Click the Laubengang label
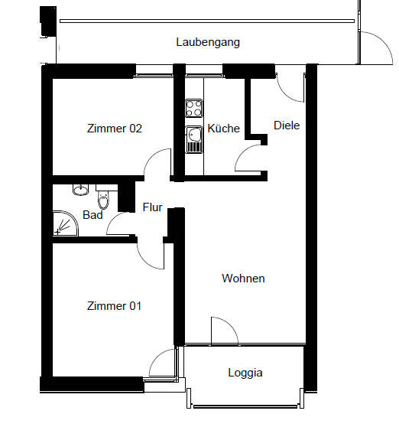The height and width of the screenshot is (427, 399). (x=208, y=42)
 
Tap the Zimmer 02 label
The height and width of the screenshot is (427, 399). (x=115, y=129)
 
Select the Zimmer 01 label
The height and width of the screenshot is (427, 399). (x=115, y=306)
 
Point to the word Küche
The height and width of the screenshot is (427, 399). (x=224, y=129)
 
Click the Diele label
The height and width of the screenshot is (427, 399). (x=287, y=125)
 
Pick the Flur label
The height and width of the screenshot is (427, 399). (x=153, y=207)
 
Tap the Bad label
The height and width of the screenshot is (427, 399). (x=93, y=216)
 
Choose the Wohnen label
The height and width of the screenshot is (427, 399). (x=243, y=279)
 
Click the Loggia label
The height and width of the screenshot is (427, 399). (x=245, y=373)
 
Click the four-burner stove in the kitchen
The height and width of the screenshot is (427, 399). (x=193, y=106)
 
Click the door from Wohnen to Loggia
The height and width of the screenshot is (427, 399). (x=224, y=331)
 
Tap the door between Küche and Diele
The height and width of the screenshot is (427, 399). (x=250, y=159)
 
